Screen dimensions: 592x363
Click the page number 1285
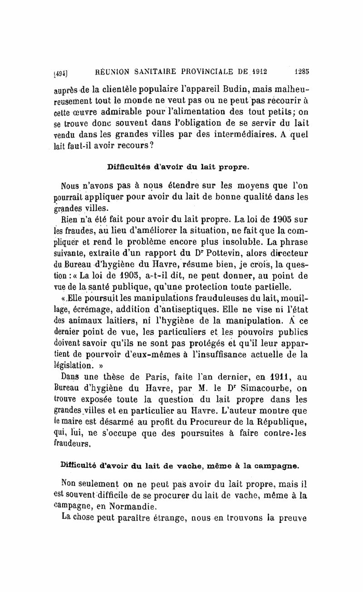pos(301,71)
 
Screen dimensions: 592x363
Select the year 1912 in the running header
pos(256,71)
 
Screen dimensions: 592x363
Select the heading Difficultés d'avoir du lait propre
pos(178,167)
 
